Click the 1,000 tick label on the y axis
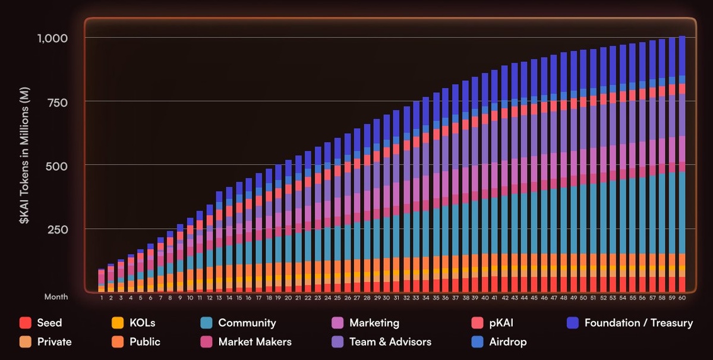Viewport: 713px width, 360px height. pos(52,38)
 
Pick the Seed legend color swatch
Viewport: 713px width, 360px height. pos(25,323)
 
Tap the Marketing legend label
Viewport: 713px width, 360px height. pos(374,323)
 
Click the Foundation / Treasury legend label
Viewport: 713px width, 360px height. pos(638,323)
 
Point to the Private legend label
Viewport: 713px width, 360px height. pos(54,342)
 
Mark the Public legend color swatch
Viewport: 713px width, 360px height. pos(118,342)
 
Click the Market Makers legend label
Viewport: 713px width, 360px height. pos(254,342)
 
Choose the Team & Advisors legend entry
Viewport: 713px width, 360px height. pos(390,342)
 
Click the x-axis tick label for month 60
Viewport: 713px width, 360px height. pos(682,297)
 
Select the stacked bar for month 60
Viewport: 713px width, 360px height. pos(682,166)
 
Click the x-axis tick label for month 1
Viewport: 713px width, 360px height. pos(102,297)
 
